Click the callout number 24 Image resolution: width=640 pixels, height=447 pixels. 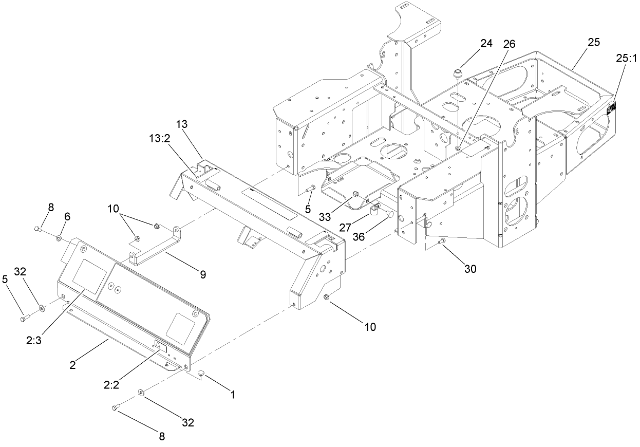486,44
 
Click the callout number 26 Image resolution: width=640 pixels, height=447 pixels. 510,44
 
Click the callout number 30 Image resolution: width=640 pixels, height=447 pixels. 469,268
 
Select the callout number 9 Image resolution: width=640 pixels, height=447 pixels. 203,275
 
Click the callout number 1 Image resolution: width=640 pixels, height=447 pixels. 232,395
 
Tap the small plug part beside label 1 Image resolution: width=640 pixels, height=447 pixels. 202,378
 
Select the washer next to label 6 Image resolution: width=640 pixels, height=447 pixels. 60,238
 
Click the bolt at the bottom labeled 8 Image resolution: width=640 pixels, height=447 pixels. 115,408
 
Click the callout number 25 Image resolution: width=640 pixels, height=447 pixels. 593,43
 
